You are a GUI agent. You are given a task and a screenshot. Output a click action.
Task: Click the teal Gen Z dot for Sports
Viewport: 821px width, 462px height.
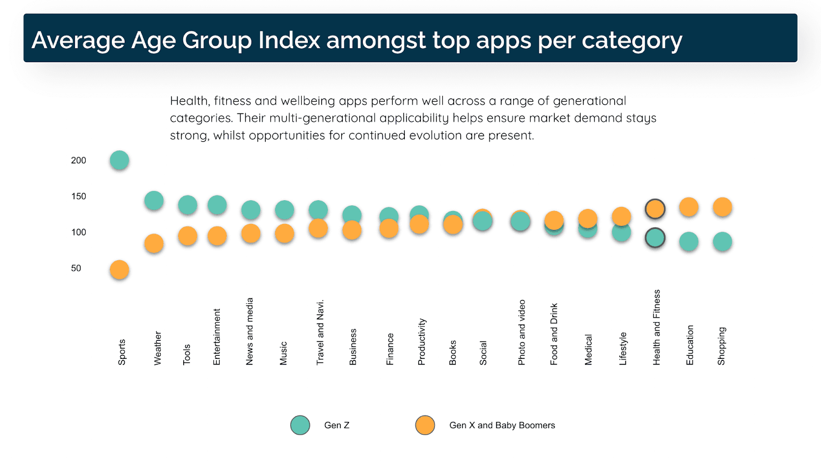(119, 160)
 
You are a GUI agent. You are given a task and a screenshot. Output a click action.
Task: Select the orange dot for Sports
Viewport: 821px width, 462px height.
(119, 269)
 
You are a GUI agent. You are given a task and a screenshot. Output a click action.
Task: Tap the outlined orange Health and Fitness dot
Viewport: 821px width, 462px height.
(655, 209)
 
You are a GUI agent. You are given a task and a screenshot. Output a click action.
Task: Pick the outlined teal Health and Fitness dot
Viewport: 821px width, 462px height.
(655, 238)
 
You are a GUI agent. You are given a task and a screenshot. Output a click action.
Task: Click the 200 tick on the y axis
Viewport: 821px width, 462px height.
(79, 161)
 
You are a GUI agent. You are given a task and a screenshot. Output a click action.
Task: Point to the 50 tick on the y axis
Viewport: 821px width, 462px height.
(76, 268)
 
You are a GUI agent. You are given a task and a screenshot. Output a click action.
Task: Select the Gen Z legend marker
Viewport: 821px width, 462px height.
(300, 425)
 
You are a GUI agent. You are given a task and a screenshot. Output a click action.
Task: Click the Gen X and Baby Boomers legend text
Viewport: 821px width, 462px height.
(502, 425)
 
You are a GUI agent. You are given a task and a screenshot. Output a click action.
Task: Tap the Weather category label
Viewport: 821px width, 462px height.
(158, 348)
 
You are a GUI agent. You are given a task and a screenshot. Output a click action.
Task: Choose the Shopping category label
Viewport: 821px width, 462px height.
(721, 346)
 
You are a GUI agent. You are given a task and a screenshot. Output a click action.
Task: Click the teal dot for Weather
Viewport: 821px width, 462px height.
(154, 200)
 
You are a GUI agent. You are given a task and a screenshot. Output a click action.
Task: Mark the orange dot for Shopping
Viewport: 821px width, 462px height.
(722, 207)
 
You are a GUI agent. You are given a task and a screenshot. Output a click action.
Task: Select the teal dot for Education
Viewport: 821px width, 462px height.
(689, 241)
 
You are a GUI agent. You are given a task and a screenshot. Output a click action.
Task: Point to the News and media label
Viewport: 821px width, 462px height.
(250, 331)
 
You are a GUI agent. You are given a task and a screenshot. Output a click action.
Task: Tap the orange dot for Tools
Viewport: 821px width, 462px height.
(187, 236)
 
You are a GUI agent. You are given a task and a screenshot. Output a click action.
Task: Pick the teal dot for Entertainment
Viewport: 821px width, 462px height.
(217, 205)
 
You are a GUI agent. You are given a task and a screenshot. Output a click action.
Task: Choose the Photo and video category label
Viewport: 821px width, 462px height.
(522, 332)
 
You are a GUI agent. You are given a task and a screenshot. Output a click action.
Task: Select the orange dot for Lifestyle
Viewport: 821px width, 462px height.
(621, 216)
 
